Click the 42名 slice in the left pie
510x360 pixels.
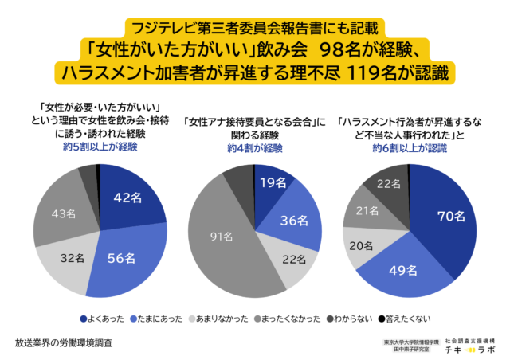(127, 198)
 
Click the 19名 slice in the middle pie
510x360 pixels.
(273, 182)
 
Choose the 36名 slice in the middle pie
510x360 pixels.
(294, 221)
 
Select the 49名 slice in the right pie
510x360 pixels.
(398, 270)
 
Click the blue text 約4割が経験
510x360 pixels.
(253, 148)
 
